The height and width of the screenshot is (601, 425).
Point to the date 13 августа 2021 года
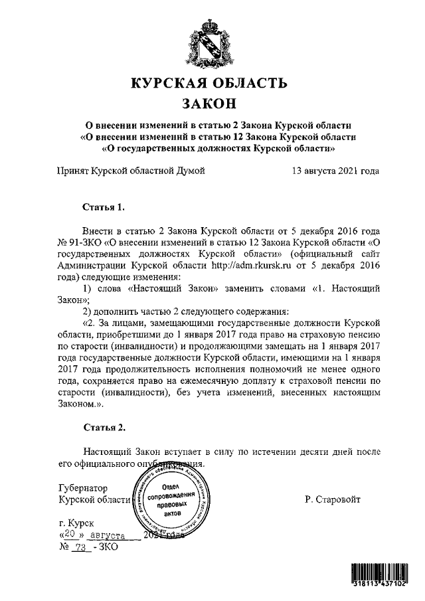(335, 171)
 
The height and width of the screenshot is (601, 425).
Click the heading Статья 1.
(103, 208)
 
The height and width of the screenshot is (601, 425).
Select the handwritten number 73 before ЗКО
(82, 548)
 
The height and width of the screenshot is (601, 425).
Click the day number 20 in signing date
(68, 535)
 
